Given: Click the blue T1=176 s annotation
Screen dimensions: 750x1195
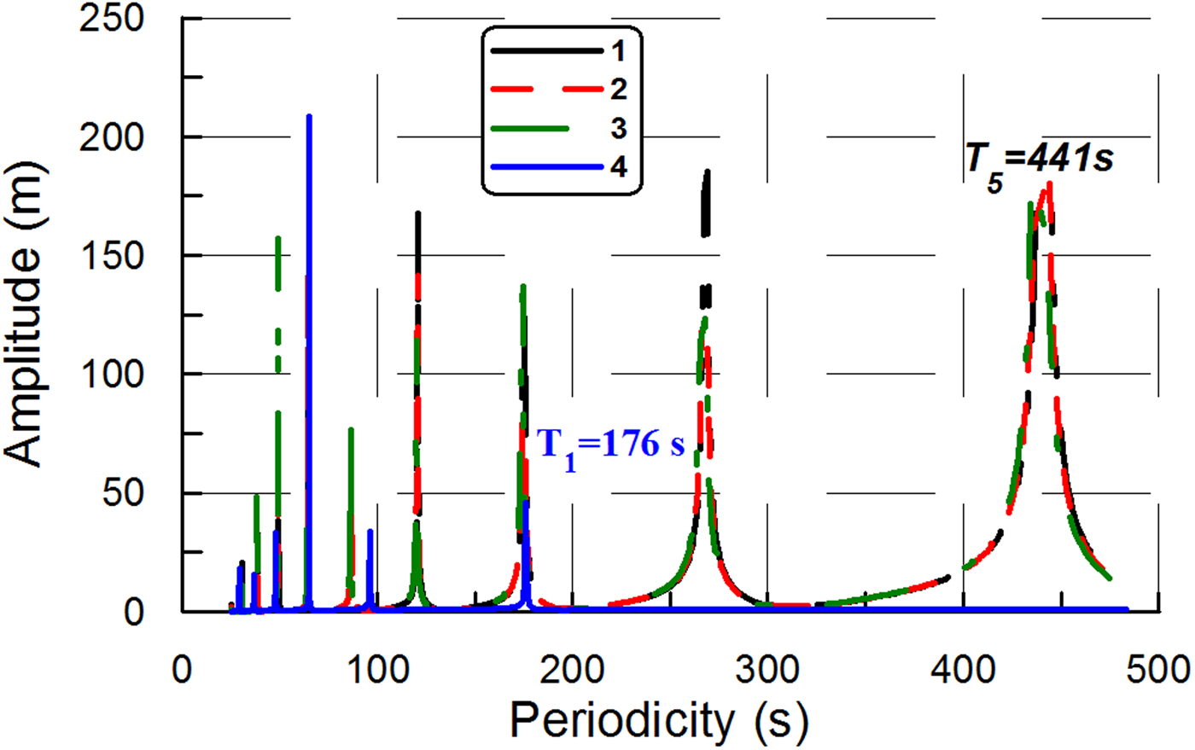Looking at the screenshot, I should [611, 445].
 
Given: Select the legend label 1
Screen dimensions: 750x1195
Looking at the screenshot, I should [618, 52].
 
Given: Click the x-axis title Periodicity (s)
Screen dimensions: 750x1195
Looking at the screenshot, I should [658, 721].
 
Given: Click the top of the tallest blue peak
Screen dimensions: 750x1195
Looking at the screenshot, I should [309, 116].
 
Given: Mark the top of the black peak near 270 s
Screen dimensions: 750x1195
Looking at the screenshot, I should [707, 172].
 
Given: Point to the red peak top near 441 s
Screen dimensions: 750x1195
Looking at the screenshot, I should [1049, 183].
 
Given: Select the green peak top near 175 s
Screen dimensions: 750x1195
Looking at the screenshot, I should [523, 287].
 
